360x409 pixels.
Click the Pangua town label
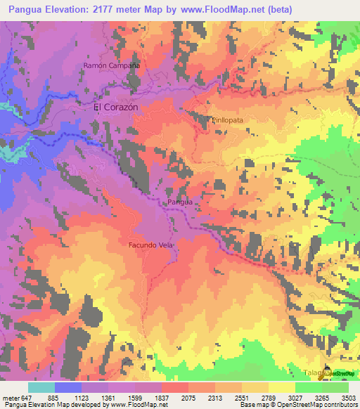[179, 202]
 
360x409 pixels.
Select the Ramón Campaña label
[112, 65]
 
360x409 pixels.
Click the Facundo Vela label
[150, 245]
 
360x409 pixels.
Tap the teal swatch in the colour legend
[41, 387]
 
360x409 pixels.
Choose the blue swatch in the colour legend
[68, 387]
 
